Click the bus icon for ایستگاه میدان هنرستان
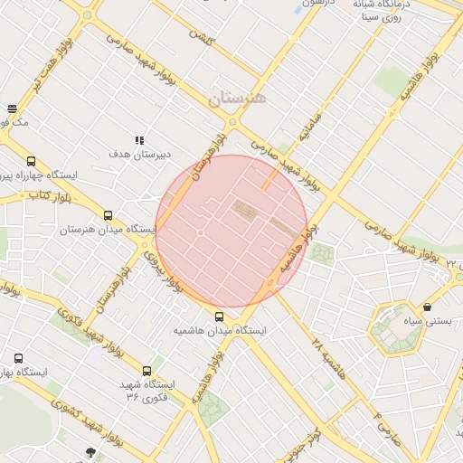click(109, 216)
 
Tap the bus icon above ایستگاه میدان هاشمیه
click(220, 317)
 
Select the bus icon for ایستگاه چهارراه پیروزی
click(32, 160)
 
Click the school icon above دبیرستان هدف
click(139, 140)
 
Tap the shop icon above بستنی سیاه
click(427, 307)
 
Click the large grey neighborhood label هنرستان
click(237, 99)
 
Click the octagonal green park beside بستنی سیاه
click(397, 330)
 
